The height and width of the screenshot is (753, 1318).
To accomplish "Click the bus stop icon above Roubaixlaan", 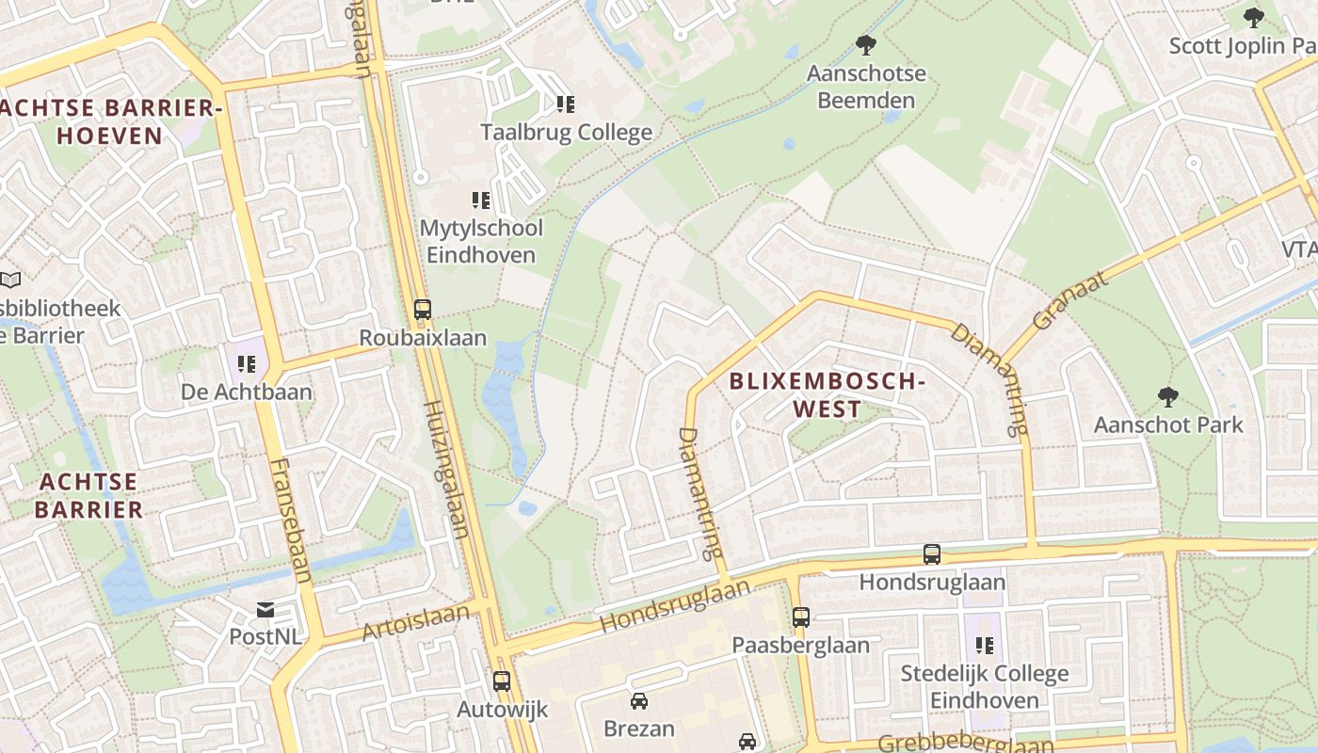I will pyautogui.click(x=423, y=310).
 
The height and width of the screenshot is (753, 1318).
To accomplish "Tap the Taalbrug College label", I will pyautogui.click(x=566, y=133).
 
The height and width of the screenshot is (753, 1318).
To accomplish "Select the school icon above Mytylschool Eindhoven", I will pyautogui.click(x=481, y=200).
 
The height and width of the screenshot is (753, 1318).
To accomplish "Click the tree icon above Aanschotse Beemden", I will pyautogui.click(x=865, y=44).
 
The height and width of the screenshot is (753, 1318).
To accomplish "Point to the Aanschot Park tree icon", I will pyautogui.click(x=1168, y=396).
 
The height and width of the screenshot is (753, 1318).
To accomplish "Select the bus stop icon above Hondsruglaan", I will pyautogui.click(x=932, y=554).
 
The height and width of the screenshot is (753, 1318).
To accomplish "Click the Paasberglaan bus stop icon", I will pyautogui.click(x=801, y=617).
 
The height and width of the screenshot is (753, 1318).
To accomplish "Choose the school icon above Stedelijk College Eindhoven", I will pyautogui.click(x=985, y=646).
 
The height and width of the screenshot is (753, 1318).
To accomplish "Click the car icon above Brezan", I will pyautogui.click(x=639, y=701).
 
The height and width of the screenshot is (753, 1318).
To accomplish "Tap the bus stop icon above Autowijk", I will pyautogui.click(x=502, y=681).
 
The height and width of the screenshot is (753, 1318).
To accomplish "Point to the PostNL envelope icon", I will pyautogui.click(x=265, y=610).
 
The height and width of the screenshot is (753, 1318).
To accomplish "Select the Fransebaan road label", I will pyautogui.click(x=290, y=521).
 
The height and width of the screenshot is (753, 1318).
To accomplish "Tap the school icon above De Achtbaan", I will pyautogui.click(x=247, y=363).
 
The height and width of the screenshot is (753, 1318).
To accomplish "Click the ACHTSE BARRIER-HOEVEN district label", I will pyautogui.click(x=111, y=121).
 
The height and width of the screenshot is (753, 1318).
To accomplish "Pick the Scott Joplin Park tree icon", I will pyautogui.click(x=1253, y=17).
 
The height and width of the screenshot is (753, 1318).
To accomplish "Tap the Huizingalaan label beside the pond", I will pyautogui.click(x=446, y=469).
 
